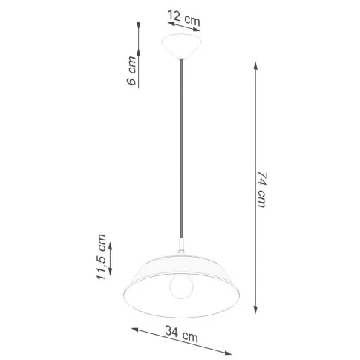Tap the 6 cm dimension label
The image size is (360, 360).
point(131,71)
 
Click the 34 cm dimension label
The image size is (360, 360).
point(181,337)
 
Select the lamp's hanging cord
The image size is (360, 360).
point(180,148)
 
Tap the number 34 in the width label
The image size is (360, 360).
point(172,336)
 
